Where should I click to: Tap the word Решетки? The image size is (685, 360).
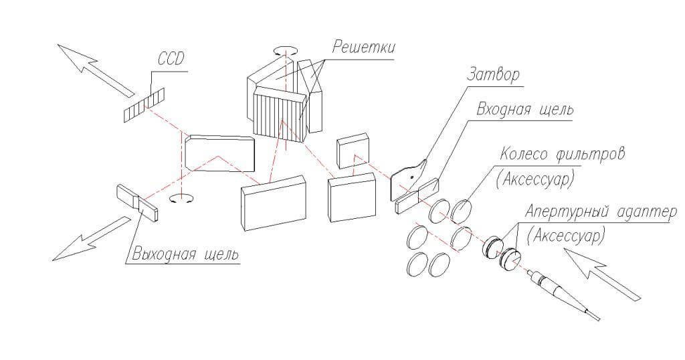tap(363, 47)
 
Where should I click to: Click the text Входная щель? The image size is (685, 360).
tap(524, 109)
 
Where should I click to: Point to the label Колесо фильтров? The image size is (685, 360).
tap(563, 154)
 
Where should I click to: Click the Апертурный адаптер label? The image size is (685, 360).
tap(601, 212)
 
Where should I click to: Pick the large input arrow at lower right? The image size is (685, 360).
tap(603, 273)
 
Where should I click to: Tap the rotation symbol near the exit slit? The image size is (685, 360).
tap(181, 199)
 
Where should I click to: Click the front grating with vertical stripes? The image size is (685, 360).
tap(280, 114)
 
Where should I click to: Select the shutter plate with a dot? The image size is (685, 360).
tap(408, 179)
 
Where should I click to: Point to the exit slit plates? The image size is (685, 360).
tap(137, 202)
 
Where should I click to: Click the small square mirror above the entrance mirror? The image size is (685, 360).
tap(353, 151)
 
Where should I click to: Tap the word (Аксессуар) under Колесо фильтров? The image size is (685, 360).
tap(534, 179)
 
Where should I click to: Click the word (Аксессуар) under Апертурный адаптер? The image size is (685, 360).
tap(566, 236)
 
